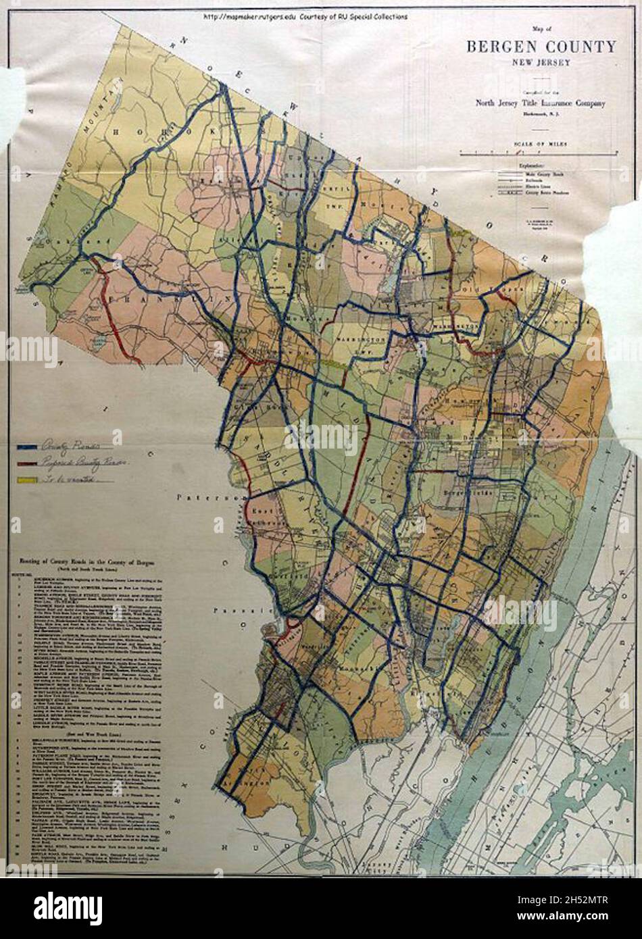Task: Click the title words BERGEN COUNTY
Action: click(x=541, y=47)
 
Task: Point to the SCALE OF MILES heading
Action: click(x=540, y=144)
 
